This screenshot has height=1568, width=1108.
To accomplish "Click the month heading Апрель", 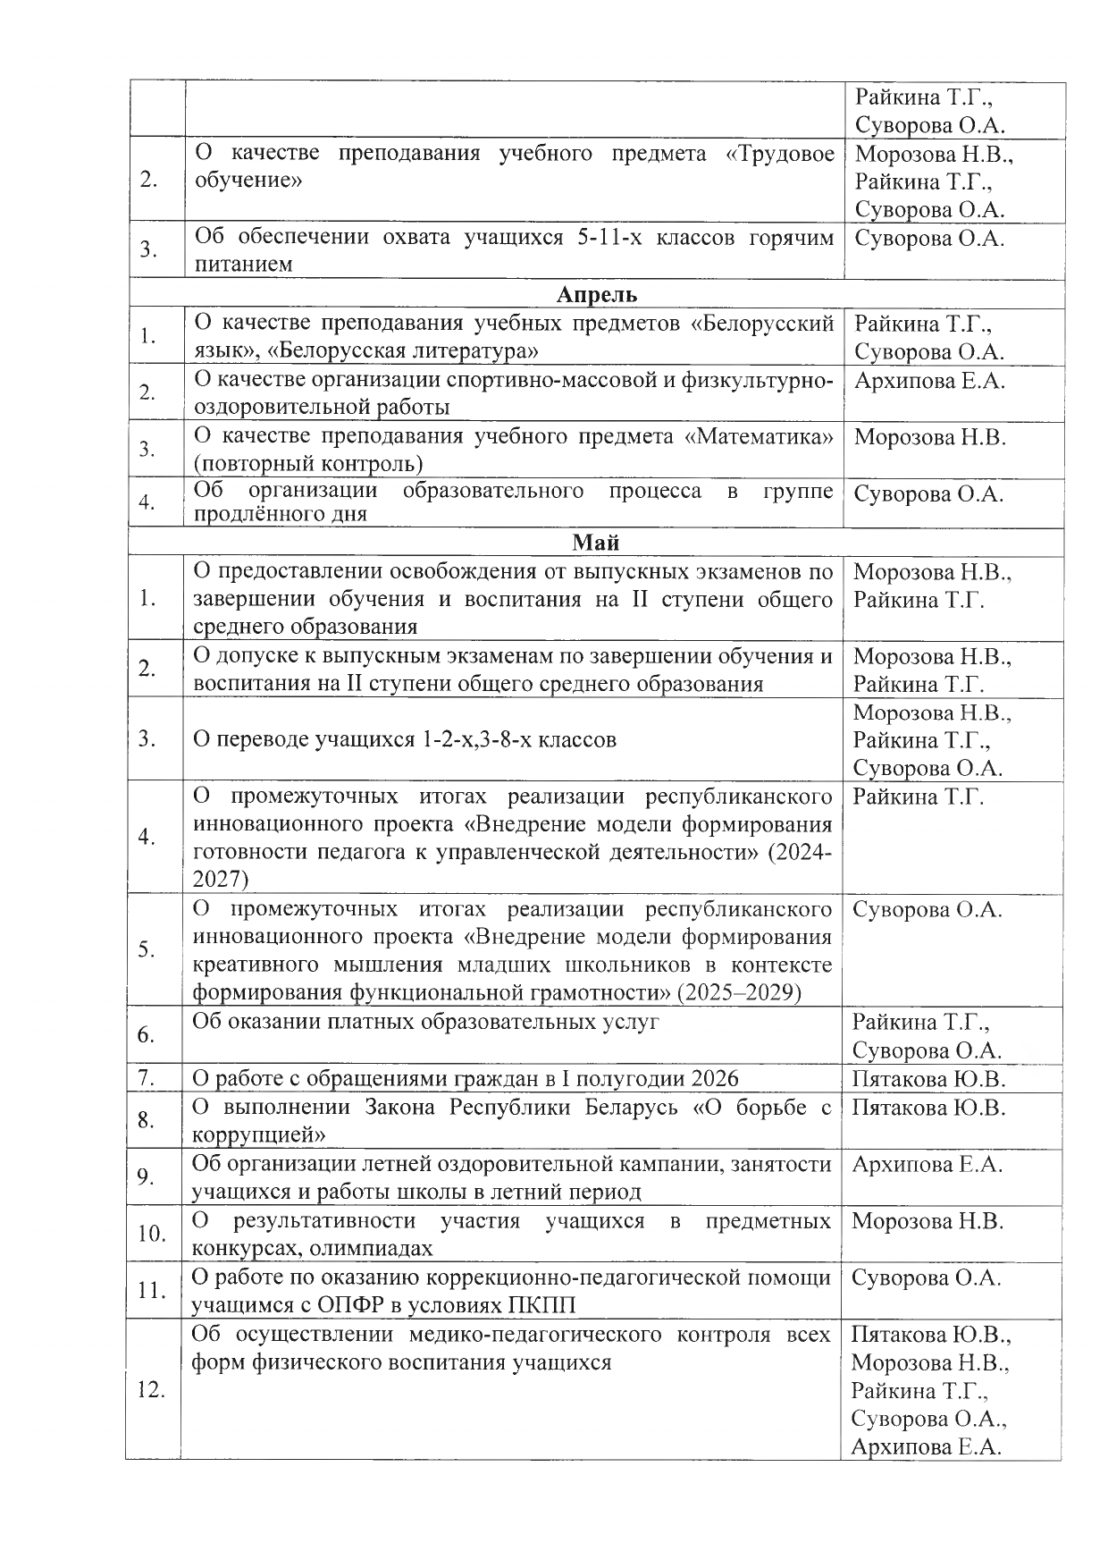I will [597, 295].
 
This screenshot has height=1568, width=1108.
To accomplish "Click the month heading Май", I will [596, 543].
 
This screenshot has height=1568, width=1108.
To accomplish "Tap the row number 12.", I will [151, 1390].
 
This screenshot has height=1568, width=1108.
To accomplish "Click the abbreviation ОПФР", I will [345, 1305].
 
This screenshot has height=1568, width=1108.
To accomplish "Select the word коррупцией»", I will [258, 1135].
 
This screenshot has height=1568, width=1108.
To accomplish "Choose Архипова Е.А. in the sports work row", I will [929, 381].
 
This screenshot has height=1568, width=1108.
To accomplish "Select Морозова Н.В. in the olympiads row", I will [928, 1221].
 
